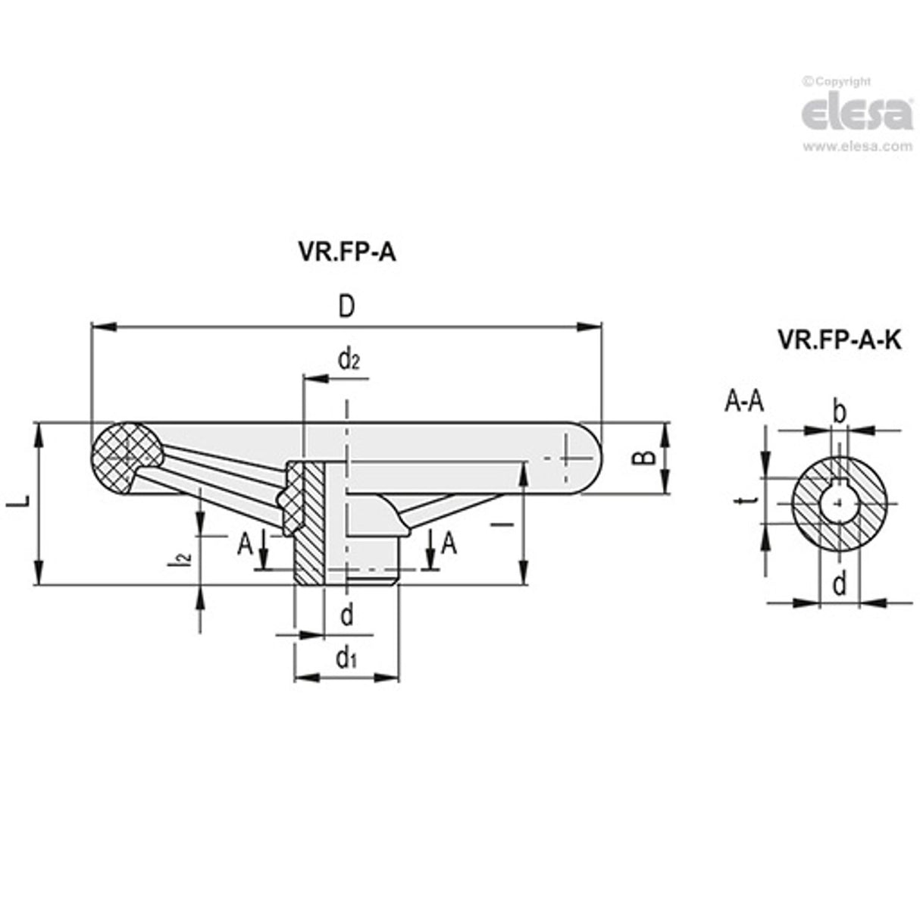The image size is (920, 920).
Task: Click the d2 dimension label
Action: (349, 359)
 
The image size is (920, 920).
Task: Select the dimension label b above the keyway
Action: (839, 412)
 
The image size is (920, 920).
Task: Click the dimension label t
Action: (748, 501)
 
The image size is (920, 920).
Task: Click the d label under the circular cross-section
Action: (839, 584)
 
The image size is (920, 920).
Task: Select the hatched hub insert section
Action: (308, 523)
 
